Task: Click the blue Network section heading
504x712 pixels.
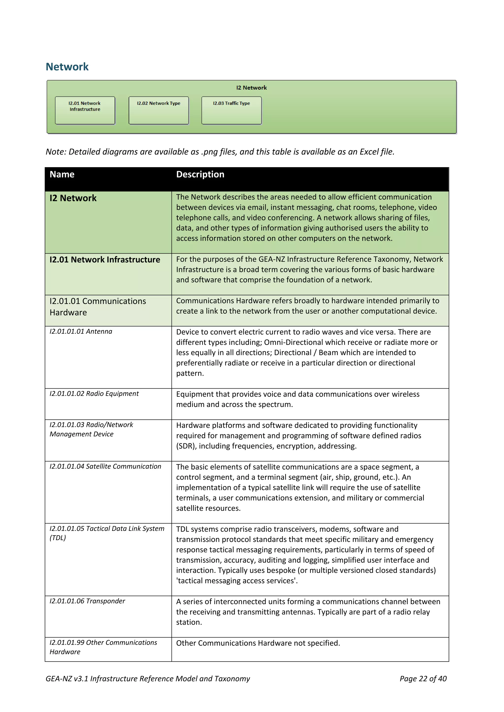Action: click(67, 67)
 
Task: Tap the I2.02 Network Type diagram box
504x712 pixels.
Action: click(158, 110)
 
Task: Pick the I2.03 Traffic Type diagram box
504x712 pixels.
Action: click(231, 110)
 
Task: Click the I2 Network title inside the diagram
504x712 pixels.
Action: click(251, 88)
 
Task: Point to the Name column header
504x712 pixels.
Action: click(62, 174)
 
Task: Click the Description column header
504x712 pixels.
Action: click(200, 174)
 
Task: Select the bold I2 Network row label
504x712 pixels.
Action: click(73, 198)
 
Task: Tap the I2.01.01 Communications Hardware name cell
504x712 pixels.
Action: click(97, 307)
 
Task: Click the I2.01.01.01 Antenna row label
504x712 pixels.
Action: click(81, 332)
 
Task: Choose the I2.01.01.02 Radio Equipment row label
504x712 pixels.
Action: click(94, 393)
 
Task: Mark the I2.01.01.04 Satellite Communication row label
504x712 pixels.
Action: click(105, 466)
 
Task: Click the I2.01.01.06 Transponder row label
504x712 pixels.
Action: click(87, 601)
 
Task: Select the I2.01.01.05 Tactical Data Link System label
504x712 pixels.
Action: click(107, 529)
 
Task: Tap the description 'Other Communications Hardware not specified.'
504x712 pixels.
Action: click(258, 643)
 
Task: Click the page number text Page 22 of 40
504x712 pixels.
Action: click(423, 679)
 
